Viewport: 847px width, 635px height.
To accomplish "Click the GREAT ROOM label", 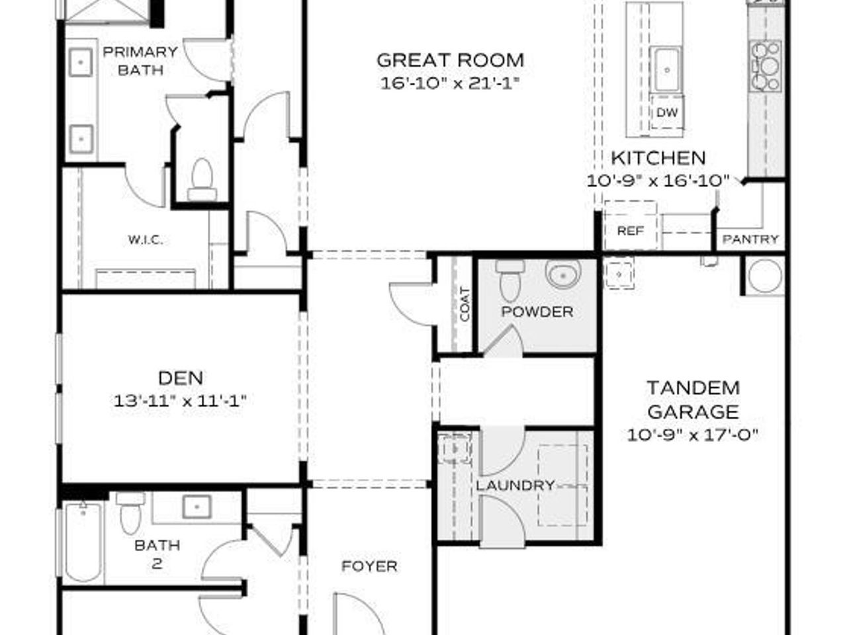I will (x=450, y=60).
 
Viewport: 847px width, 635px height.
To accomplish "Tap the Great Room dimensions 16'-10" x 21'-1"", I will (x=450, y=83).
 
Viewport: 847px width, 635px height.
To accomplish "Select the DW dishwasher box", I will (x=667, y=112).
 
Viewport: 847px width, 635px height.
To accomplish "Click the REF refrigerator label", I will (x=630, y=231).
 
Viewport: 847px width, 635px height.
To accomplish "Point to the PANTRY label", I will (x=750, y=239).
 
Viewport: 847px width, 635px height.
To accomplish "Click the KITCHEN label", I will (x=658, y=158).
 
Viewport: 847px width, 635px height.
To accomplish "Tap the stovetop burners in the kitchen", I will (x=765, y=65).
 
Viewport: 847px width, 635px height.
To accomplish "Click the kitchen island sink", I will (x=667, y=69).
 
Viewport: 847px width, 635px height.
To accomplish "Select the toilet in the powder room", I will (x=510, y=280).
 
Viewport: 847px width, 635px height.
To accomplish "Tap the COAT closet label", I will (x=465, y=304).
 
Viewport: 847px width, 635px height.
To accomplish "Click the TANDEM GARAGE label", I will (x=693, y=400).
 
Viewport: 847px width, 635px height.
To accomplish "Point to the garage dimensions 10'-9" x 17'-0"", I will (x=693, y=435).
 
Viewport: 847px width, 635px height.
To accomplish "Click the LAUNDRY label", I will (x=515, y=486).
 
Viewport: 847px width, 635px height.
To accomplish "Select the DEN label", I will (x=181, y=378).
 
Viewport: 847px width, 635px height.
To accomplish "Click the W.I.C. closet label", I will (x=145, y=239).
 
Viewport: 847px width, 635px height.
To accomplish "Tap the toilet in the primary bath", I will (x=202, y=180).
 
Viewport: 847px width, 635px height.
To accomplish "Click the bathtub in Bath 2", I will (x=83, y=542).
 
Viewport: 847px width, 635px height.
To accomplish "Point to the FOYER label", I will (x=369, y=566).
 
